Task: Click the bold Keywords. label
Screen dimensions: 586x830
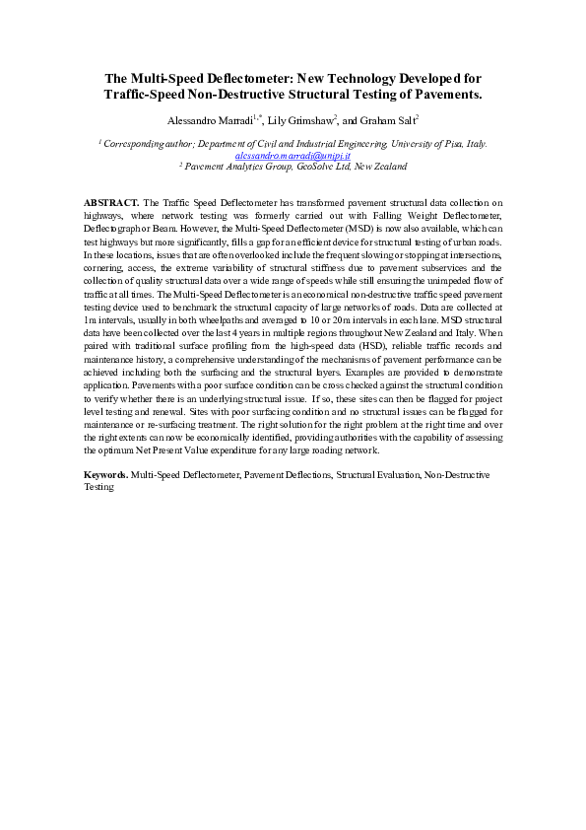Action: pos(105,474)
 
